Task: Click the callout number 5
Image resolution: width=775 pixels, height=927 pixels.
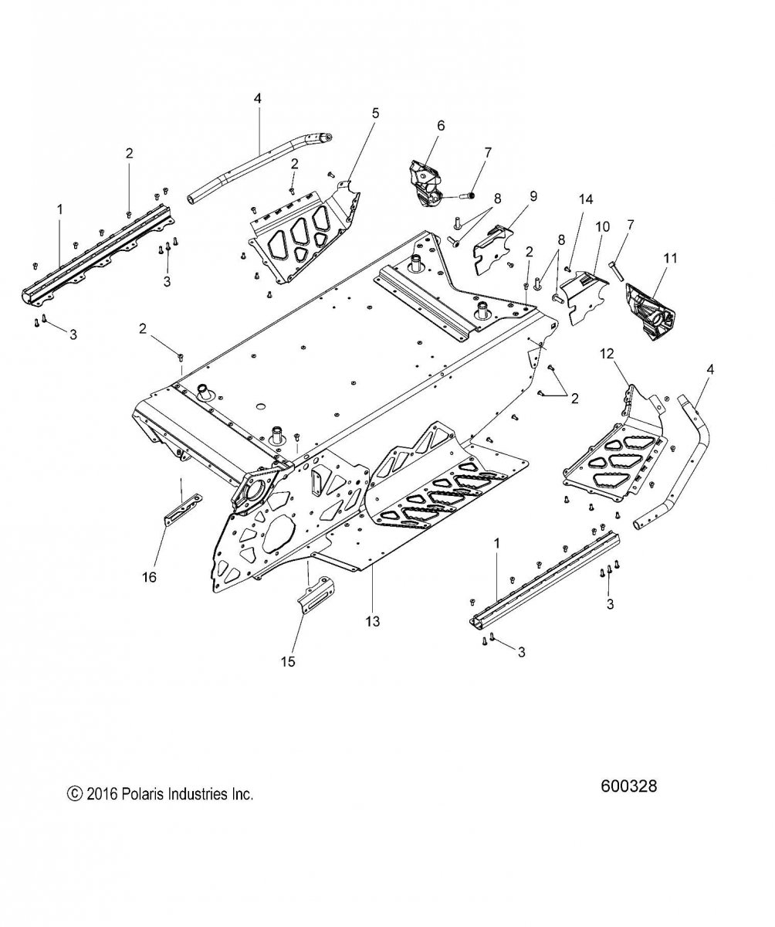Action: (375, 113)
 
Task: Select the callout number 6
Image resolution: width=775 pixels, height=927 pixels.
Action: (441, 125)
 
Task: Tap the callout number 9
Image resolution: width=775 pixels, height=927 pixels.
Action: (511, 195)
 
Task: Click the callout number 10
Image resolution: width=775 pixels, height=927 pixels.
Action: (601, 226)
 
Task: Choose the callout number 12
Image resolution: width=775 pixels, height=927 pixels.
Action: (607, 354)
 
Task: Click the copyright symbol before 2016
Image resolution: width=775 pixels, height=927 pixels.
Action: (75, 793)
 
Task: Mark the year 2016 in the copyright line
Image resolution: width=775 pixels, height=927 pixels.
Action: (100, 793)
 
